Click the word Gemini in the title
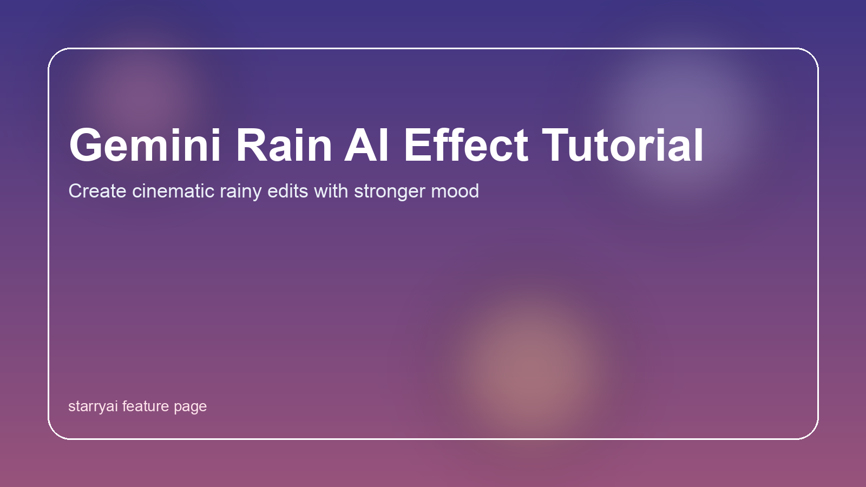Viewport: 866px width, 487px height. click(145, 146)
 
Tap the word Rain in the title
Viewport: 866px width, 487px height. click(284, 146)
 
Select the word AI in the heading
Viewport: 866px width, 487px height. click(366, 146)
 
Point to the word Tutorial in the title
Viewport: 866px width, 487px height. click(623, 146)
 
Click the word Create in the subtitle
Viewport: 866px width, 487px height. click(97, 191)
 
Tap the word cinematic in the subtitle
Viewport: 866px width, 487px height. click(173, 191)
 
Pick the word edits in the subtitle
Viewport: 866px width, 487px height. click(287, 191)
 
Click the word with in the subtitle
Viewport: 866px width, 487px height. click(331, 191)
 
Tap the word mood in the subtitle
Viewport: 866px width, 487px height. click(455, 191)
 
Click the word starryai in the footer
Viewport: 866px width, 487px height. click(93, 407)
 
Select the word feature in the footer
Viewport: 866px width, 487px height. click(146, 406)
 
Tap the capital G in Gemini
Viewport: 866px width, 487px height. click(85, 146)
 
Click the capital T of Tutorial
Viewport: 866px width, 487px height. click(555, 146)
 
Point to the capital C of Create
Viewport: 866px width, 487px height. click(75, 191)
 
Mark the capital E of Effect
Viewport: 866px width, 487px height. click(417, 146)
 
